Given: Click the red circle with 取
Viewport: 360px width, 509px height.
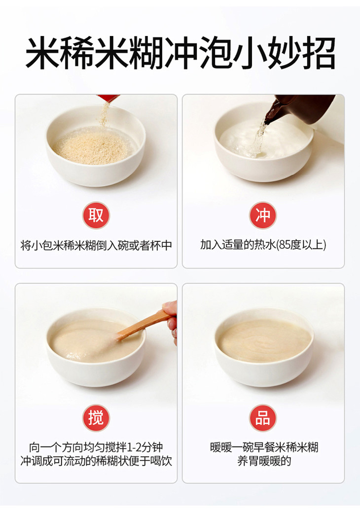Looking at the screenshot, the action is tap(96, 215).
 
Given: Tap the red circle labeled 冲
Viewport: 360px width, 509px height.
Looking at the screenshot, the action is tap(262, 215).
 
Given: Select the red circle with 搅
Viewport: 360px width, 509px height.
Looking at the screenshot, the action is tap(96, 417).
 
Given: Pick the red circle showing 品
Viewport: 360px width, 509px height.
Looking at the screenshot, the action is tap(262, 417).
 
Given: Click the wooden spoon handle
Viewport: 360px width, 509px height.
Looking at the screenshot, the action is tap(143, 325).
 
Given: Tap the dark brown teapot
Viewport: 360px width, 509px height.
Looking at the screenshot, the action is tap(299, 109).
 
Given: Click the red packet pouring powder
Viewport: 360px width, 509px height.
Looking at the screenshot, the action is tap(108, 98).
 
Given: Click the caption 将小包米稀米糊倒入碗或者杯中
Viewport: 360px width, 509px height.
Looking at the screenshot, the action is tap(96, 245).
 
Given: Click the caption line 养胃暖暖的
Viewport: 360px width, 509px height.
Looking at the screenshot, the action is tap(264, 461).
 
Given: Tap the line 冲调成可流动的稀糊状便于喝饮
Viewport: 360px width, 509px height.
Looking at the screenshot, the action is tap(96, 461).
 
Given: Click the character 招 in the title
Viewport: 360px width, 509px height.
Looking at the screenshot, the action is tap(319, 53).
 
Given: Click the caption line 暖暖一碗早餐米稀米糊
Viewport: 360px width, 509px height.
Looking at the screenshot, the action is tap(264, 447).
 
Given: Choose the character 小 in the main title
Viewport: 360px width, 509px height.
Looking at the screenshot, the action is tap(250, 53).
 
